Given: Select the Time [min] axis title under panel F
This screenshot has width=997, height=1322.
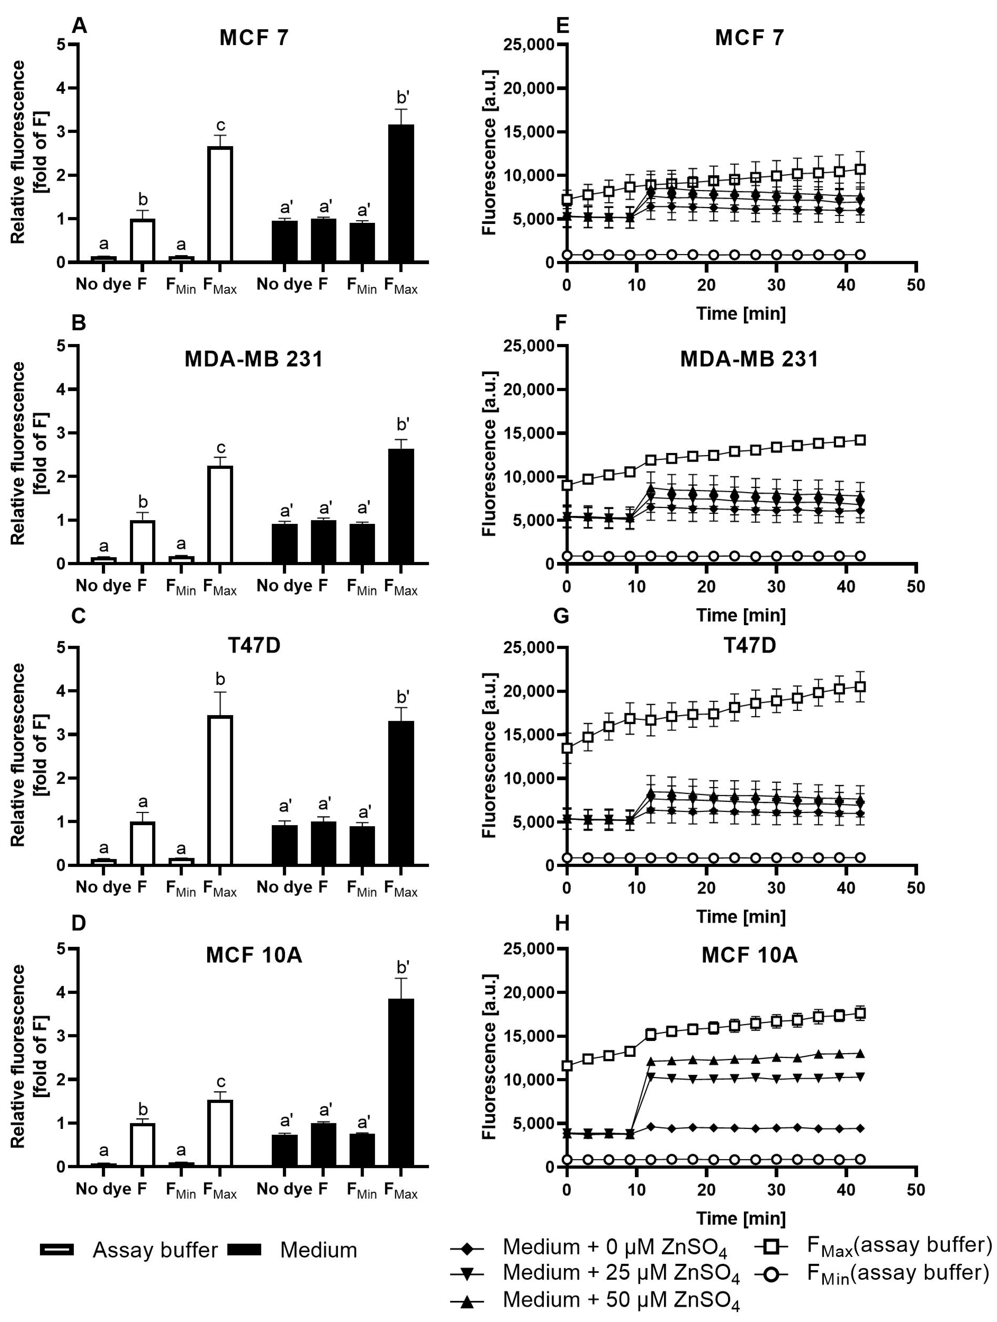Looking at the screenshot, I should click(x=740, y=615).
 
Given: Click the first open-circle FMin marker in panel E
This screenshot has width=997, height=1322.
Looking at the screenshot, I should click(x=567, y=255).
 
